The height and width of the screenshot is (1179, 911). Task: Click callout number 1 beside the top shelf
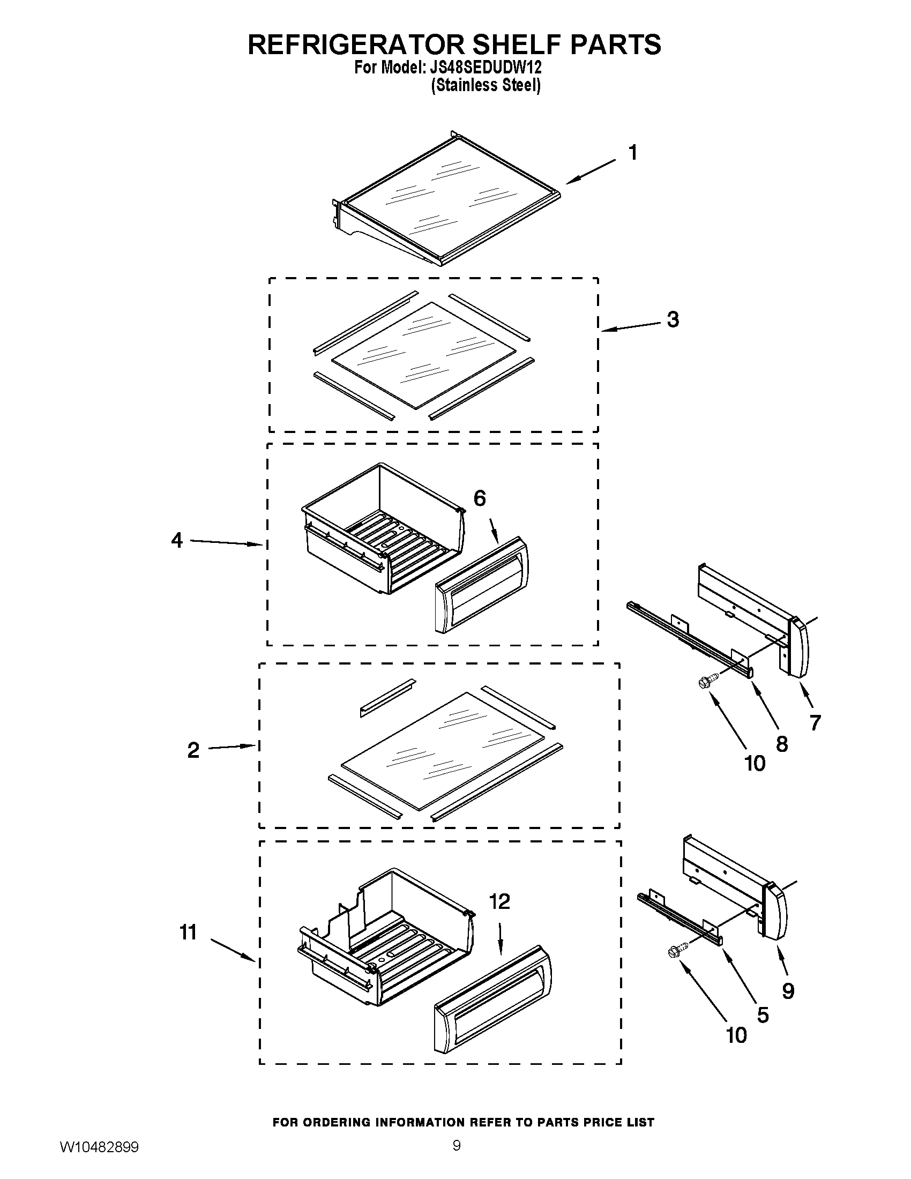tap(633, 153)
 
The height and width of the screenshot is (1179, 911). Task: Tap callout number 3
tap(673, 319)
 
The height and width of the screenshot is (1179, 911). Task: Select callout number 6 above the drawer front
tap(479, 498)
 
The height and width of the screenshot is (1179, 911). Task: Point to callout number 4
tap(177, 540)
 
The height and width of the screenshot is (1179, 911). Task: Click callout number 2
tap(193, 750)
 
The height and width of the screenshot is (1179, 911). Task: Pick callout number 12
tap(499, 901)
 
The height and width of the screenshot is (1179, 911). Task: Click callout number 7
tap(815, 722)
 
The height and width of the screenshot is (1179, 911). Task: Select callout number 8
tap(781, 744)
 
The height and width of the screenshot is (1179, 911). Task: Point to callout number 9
tap(788, 990)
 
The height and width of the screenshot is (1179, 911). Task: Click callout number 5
tap(763, 1015)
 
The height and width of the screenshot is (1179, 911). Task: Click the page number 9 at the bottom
tap(457, 1158)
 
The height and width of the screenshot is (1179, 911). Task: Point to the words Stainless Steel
tap(485, 85)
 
